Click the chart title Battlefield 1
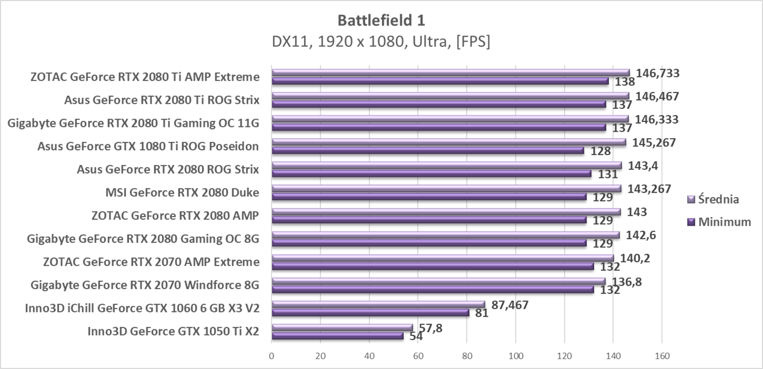(381, 21)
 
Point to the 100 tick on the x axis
(516, 356)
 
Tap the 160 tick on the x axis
(662, 356)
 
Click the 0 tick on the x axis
(272, 356)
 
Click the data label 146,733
(657, 73)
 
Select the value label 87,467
(510, 305)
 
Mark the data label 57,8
(431, 328)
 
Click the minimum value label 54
(416, 336)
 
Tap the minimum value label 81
(482, 313)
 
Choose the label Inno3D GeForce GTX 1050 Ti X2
(173, 331)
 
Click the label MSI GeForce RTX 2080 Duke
(182, 192)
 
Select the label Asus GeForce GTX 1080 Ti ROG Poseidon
(148, 146)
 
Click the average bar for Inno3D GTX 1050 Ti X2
(342, 328)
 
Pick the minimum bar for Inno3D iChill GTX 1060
(371, 313)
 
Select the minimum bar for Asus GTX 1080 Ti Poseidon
(428, 150)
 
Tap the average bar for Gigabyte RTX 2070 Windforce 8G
(439, 281)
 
